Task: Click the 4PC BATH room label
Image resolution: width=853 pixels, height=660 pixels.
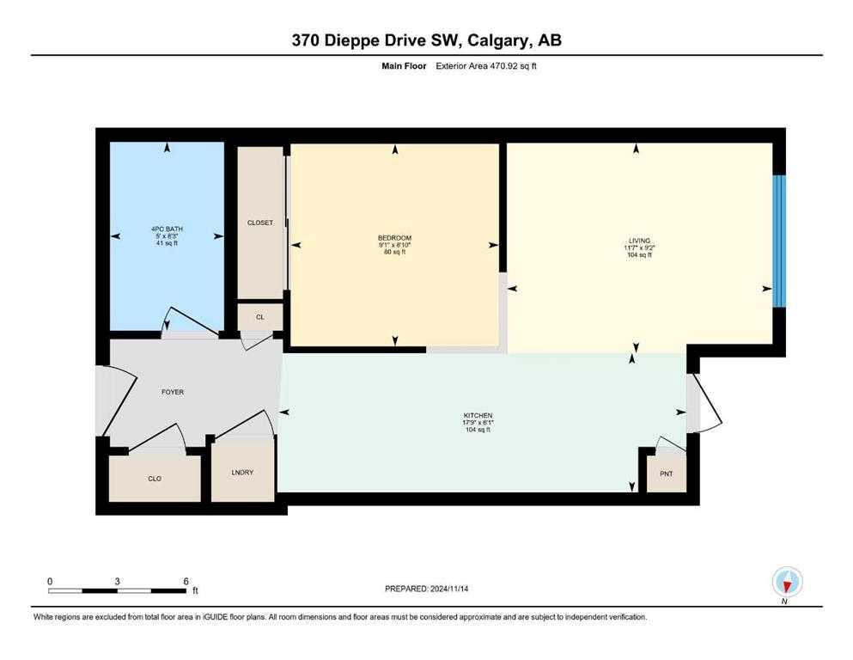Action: click(x=167, y=229)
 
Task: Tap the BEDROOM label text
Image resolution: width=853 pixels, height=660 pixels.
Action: click(x=394, y=238)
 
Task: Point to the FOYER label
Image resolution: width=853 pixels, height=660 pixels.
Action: click(x=173, y=392)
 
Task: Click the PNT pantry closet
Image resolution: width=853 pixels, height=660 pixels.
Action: click(x=666, y=473)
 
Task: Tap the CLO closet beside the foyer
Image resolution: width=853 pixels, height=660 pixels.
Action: click(x=155, y=478)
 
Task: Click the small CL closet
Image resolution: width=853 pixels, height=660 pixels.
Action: click(x=259, y=317)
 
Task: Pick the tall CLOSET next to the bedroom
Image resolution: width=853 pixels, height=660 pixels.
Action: click(x=259, y=223)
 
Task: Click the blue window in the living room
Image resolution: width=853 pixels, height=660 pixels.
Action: click(x=778, y=241)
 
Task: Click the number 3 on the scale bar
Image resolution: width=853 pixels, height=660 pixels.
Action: click(x=117, y=581)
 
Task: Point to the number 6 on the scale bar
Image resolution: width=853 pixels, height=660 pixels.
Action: click(x=186, y=581)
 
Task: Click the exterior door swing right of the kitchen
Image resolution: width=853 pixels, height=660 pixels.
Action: click(x=708, y=404)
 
